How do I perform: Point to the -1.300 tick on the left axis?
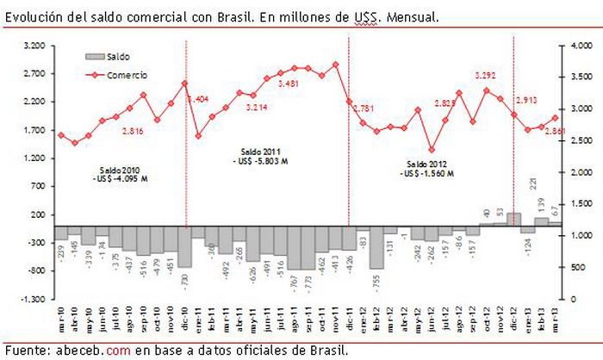tap(33, 299)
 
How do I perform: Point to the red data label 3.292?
tap(488, 75)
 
